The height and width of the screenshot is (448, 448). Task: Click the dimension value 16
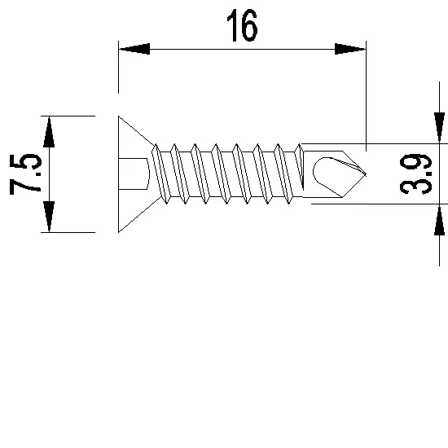coord(242,26)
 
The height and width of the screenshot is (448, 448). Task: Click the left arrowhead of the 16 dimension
coord(134,49)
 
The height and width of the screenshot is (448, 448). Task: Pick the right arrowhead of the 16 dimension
coord(350,49)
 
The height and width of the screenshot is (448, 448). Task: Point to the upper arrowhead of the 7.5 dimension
coord(49,131)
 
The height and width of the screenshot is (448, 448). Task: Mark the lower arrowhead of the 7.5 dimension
coord(49,217)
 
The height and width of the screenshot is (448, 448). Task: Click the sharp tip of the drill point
coord(368,173)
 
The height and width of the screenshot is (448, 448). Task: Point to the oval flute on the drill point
coord(324,172)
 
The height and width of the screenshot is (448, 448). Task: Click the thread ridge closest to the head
coord(161,173)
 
